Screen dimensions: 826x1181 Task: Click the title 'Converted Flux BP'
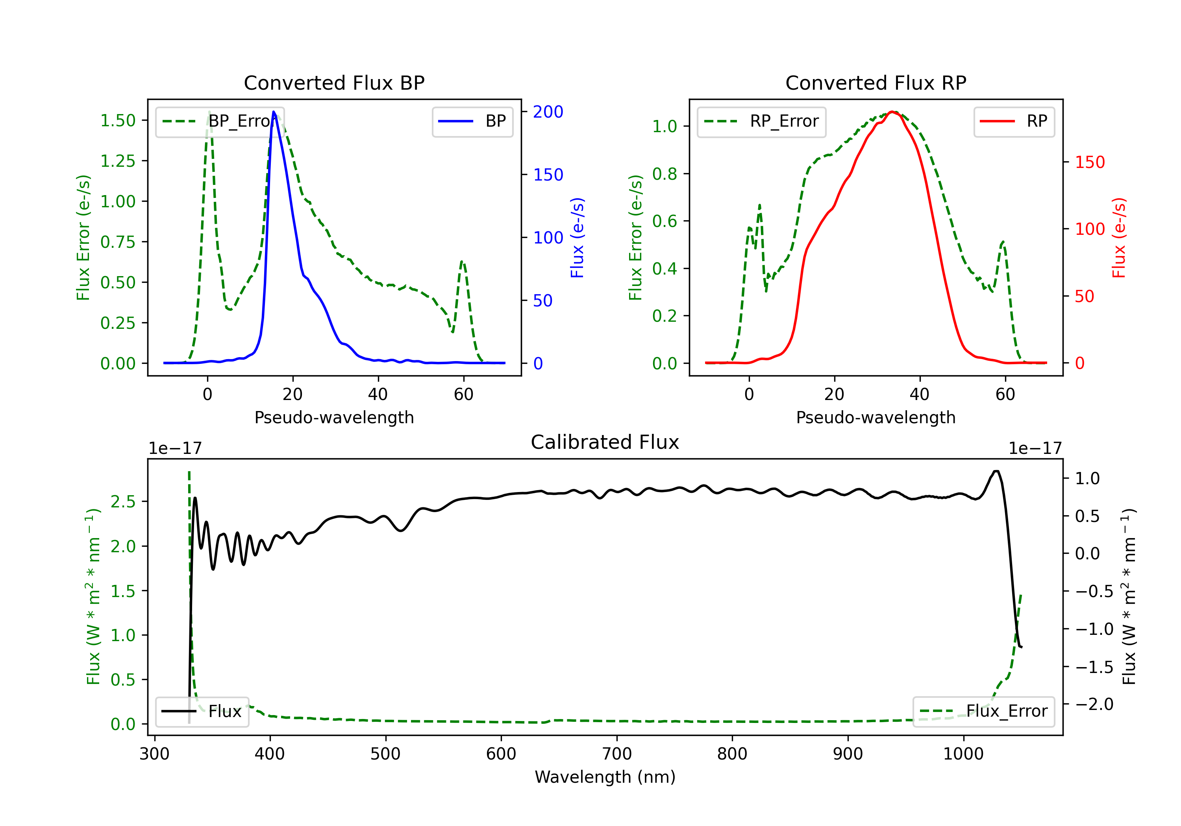(334, 83)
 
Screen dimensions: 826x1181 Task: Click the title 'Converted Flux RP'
(876, 83)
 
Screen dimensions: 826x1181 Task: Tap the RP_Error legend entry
(761, 122)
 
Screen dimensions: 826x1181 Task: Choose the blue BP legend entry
(472, 122)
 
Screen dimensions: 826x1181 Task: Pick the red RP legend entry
(1014, 122)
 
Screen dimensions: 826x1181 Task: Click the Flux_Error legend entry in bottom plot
(983, 712)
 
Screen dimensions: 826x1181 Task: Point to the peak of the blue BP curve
(274, 112)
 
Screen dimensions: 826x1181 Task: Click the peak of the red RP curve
(892, 112)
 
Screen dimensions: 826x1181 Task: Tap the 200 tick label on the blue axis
(548, 112)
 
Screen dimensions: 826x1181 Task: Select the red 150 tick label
(1089, 162)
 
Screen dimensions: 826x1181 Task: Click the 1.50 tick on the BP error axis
(118, 121)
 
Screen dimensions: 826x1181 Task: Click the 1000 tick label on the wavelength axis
(963, 754)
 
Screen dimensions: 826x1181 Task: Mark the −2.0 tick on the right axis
(1094, 704)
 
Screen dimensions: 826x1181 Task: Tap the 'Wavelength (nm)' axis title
(605, 777)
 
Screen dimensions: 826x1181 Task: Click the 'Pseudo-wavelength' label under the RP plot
(876, 417)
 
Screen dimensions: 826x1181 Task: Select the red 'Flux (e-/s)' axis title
(1119, 238)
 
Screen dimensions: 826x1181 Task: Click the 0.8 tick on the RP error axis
(665, 174)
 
